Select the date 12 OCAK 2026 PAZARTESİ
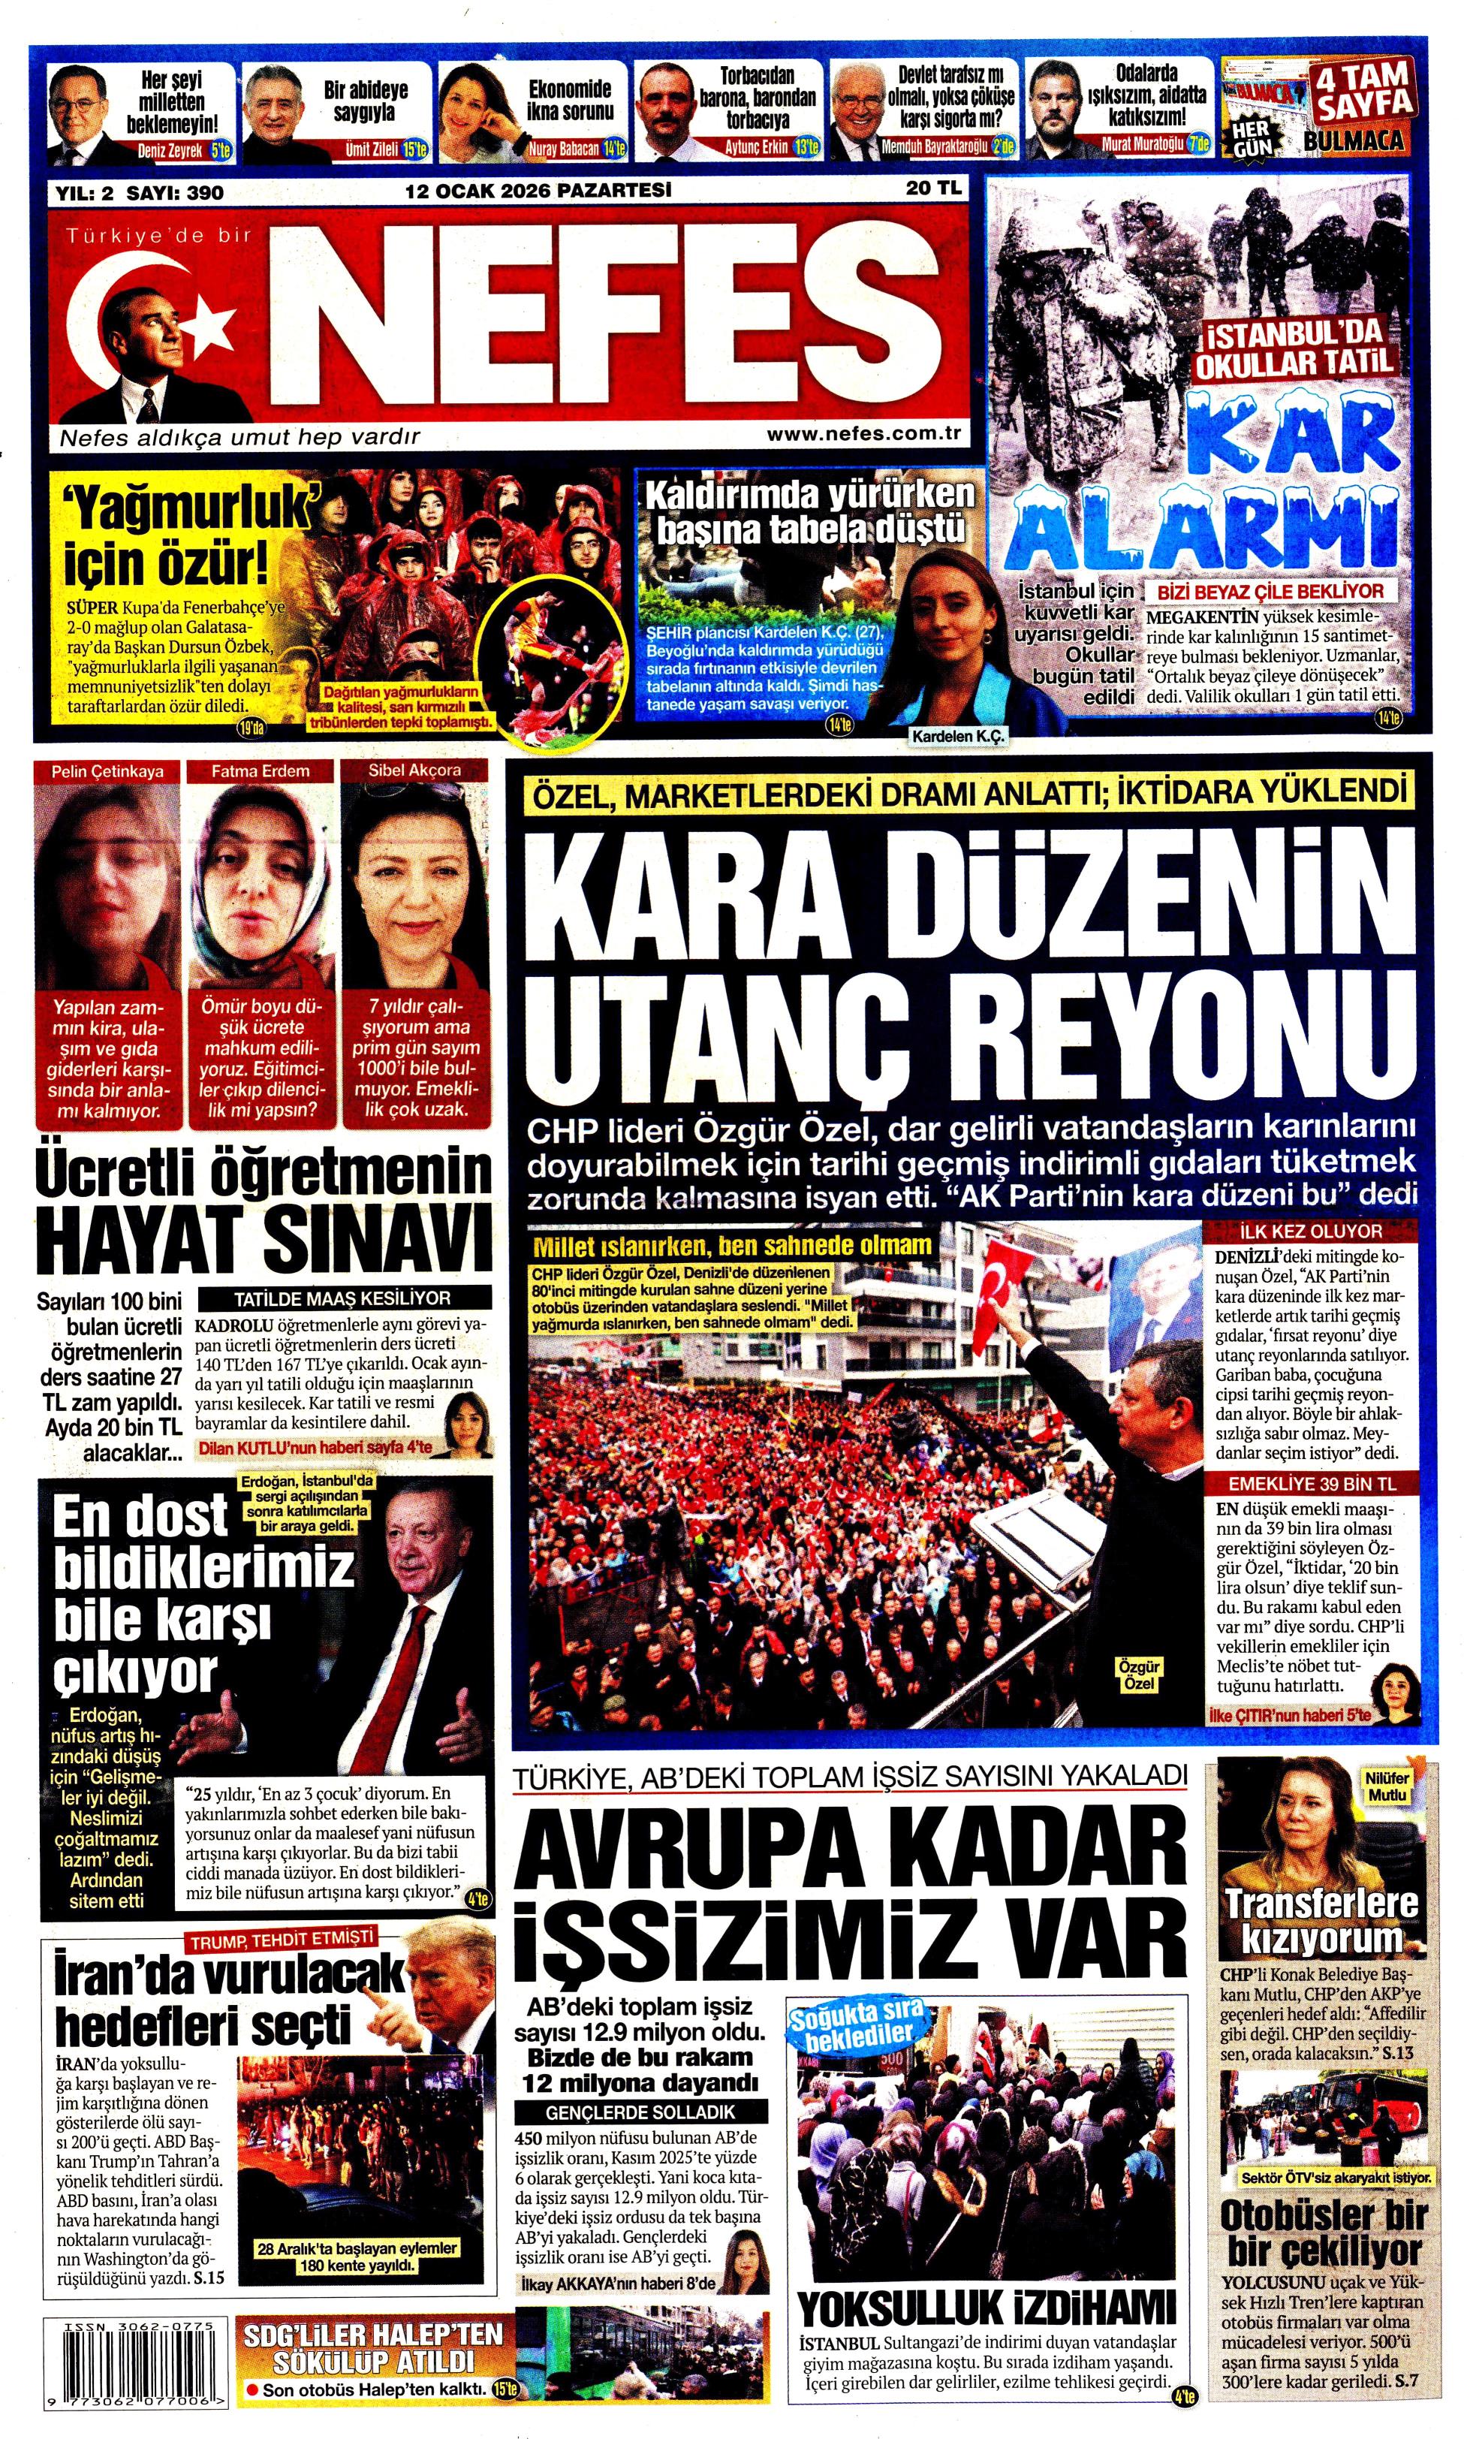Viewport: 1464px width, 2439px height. [538, 189]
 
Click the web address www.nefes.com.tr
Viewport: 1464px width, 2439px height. [863, 434]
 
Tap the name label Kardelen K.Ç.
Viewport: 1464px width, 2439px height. [957, 736]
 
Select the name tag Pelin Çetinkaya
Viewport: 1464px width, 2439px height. [109, 770]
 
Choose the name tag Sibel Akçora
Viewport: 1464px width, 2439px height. [414, 770]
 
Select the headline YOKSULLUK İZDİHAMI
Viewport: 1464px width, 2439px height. [986, 2308]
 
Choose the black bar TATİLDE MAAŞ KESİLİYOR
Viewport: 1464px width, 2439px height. [342, 1298]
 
